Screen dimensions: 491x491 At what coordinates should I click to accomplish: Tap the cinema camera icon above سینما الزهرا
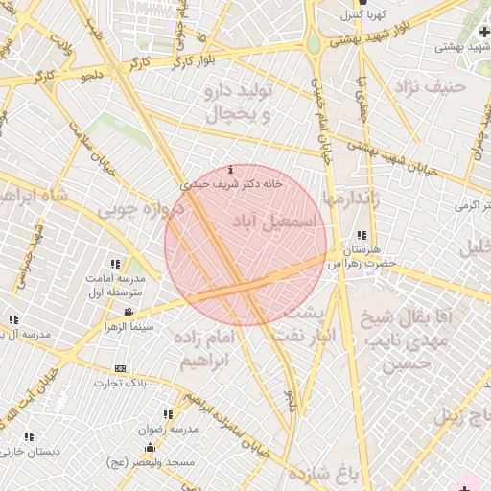(129, 313)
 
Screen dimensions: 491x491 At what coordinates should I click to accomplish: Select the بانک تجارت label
(119, 384)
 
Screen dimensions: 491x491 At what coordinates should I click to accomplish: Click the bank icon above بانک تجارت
(120, 368)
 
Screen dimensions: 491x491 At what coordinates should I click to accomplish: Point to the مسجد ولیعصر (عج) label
(150, 462)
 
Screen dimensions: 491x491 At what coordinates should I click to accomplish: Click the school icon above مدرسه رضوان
(169, 415)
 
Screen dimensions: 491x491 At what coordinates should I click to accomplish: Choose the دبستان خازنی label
(30, 451)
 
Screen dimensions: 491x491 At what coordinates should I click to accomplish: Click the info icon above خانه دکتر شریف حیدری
(230, 169)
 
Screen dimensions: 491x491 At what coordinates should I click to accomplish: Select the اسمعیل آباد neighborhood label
(272, 222)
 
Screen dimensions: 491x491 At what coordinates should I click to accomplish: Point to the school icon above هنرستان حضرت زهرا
(362, 235)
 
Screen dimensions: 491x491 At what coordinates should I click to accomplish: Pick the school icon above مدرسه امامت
(115, 264)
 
